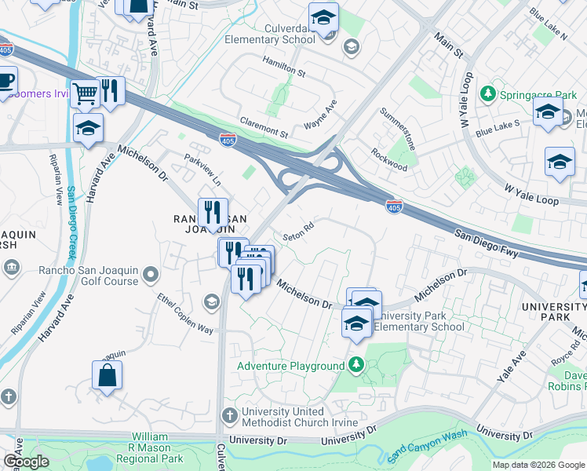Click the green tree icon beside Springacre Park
[487, 94]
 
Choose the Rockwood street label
[389, 160]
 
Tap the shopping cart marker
[85, 93]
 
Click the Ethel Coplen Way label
[185, 314]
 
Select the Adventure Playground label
[291, 366]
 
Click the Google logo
[26, 462]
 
